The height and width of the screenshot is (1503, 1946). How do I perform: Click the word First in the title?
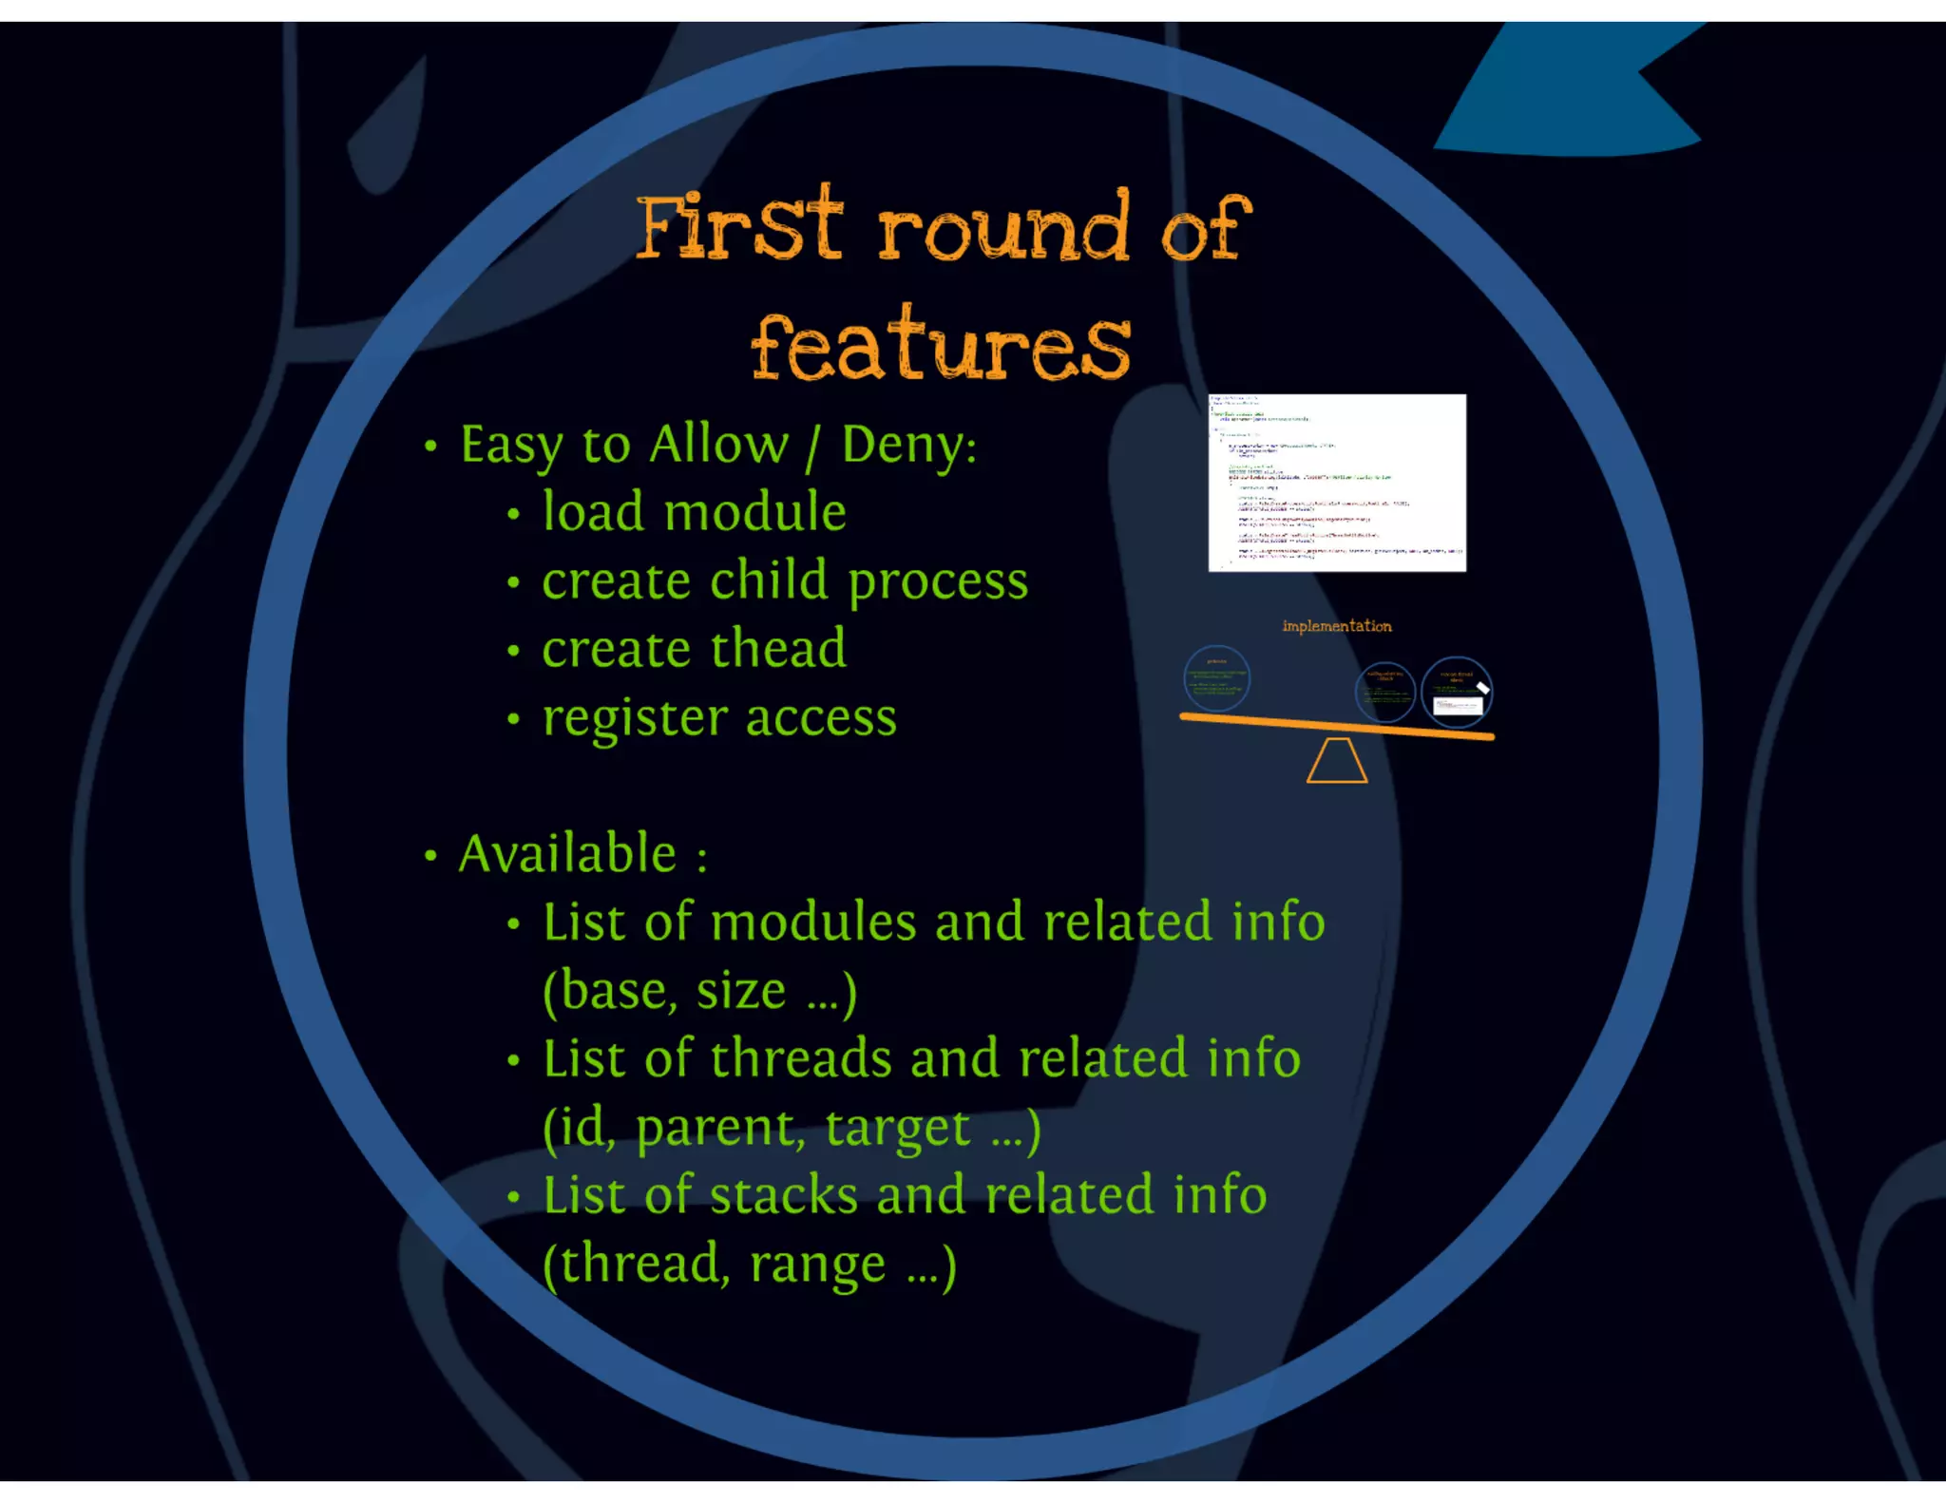click(x=738, y=226)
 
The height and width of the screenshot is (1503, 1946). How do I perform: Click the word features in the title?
click(x=941, y=346)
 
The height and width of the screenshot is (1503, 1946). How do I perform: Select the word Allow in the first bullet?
click(x=719, y=445)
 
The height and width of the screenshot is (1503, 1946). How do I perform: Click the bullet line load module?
click(x=694, y=513)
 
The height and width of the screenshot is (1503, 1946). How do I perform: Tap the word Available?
click(x=567, y=854)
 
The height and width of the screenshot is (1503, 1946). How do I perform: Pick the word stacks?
click(x=783, y=1195)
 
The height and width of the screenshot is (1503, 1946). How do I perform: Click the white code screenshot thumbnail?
click(x=1336, y=483)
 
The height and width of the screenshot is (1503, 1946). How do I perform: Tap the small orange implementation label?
click(x=1336, y=626)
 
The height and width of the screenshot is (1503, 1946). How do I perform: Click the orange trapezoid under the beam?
click(x=1336, y=762)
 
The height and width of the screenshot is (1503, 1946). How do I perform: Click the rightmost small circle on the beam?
click(x=1457, y=691)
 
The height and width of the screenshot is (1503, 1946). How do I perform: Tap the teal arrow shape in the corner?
click(x=1568, y=95)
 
